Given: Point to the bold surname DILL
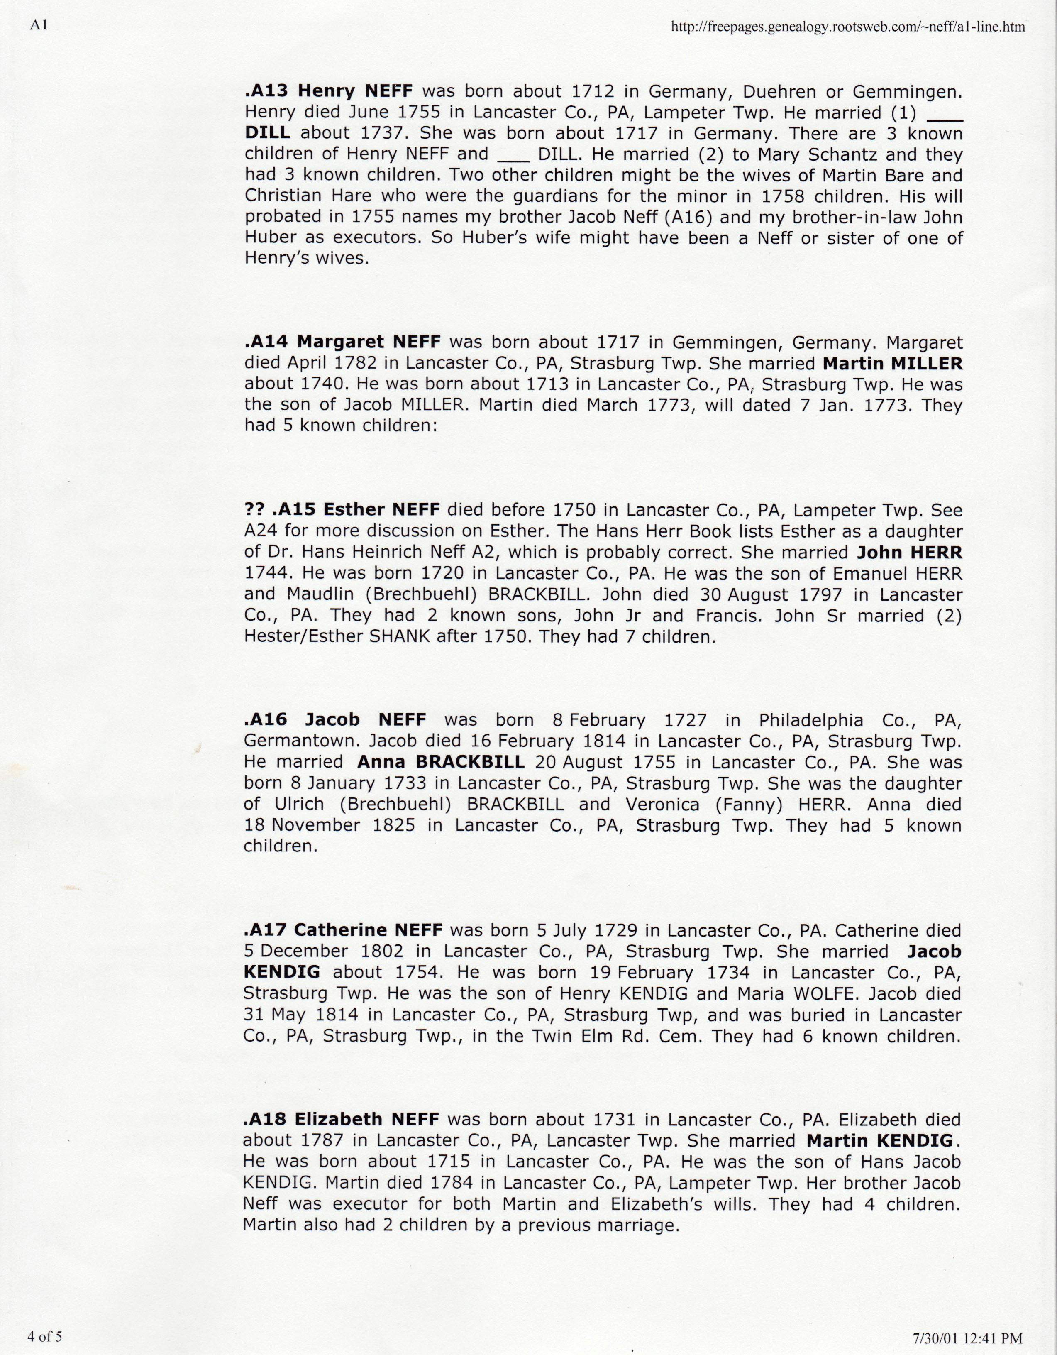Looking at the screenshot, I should [x=267, y=133].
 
